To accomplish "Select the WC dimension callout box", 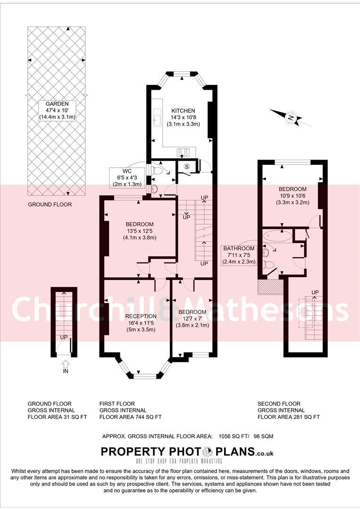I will click(x=126, y=178).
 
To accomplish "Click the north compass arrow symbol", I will click(x=291, y=118).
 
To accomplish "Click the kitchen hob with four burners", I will click(x=183, y=152).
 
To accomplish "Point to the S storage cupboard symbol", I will click(x=186, y=166).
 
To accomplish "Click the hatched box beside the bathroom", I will click(x=270, y=287).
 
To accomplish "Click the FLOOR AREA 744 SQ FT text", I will click(x=130, y=417).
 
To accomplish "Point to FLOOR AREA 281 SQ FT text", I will click(x=288, y=417).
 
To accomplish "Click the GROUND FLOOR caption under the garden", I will click(x=50, y=205).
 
